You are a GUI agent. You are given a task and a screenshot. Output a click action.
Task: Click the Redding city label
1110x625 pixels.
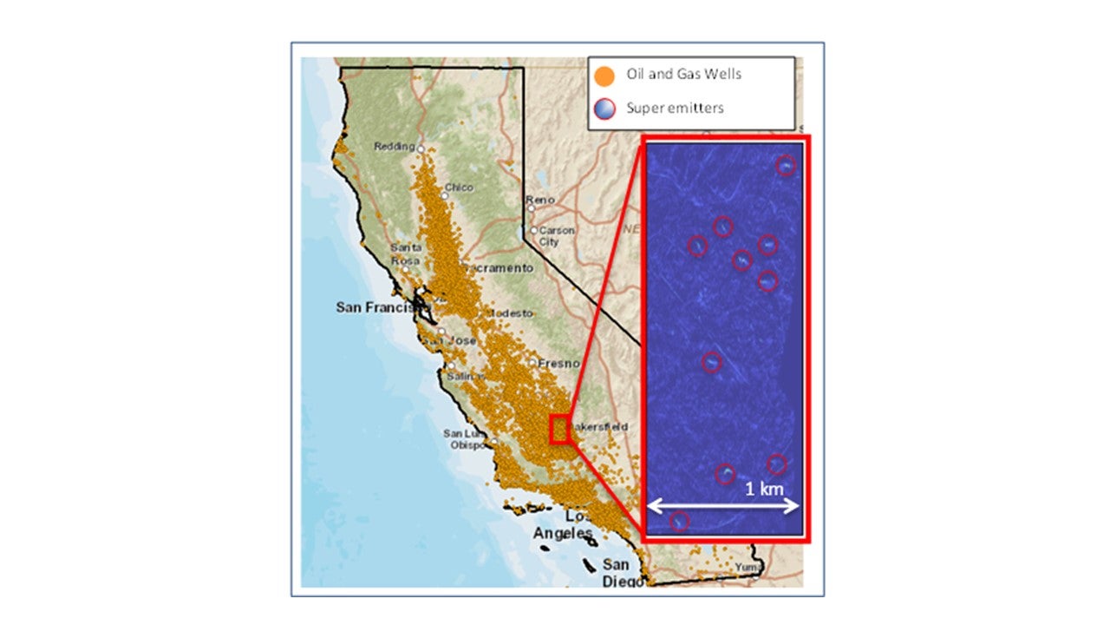(x=395, y=147)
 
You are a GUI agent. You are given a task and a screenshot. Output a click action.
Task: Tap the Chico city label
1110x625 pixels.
(x=459, y=187)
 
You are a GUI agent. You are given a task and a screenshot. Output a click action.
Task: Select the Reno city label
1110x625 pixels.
(x=539, y=201)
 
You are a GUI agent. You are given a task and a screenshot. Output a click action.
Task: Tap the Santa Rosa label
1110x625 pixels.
(x=406, y=253)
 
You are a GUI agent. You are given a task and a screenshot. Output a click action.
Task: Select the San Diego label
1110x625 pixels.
(x=623, y=572)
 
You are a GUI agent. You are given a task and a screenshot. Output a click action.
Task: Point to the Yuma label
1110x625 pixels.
(x=747, y=568)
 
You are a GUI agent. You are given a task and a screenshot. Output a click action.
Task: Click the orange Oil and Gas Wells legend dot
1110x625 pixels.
(x=606, y=76)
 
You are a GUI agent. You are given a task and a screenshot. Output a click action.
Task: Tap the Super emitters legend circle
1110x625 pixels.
(x=606, y=109)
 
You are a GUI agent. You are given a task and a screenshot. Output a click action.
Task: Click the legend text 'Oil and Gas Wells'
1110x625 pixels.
(x=684, y=75)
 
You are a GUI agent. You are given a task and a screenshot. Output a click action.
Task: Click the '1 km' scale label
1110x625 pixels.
(x=764, y=489)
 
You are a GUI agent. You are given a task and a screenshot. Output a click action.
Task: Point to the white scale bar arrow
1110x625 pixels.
(x=723, y=505)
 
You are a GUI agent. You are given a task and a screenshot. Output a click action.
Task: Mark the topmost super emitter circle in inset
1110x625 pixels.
(x=786, y=166)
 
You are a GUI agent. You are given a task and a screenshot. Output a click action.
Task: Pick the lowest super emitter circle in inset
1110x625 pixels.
(x=679, y=521)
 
